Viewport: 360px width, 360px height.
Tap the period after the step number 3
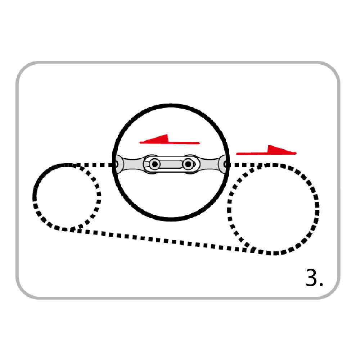point(321,284)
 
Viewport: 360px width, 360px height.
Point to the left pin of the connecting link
point(155,164)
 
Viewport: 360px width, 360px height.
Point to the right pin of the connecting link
point(188,164)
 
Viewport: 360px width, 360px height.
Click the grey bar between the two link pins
point(171,164)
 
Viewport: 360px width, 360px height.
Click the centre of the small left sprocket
point(67,197)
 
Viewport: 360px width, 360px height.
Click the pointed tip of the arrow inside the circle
point(140,142)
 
